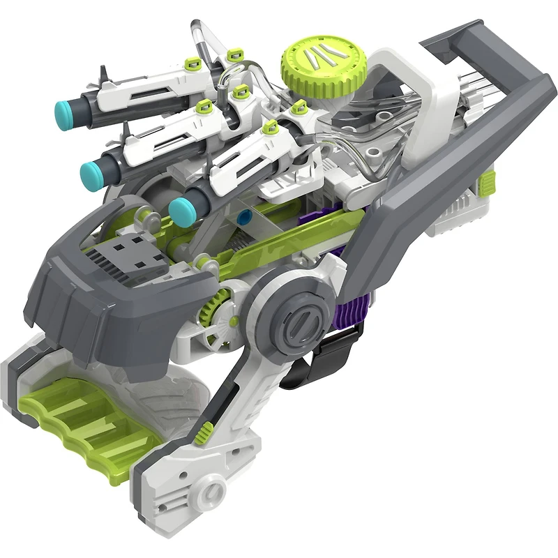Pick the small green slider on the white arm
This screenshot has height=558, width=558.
(x=203, y=435)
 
